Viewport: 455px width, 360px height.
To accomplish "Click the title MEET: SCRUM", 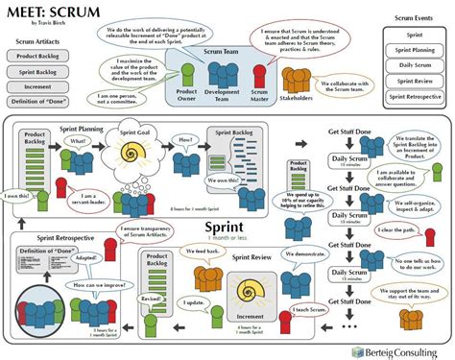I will click(x=44, y=11).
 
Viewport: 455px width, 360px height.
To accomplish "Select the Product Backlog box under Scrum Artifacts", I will click(x=36, y=56).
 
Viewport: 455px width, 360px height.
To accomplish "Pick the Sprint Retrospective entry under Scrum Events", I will click(x=414, y=96).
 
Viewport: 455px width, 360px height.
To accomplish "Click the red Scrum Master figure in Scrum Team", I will click(x=257, y=74).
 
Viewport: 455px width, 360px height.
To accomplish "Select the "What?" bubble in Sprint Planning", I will click(x=78, y=141).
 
